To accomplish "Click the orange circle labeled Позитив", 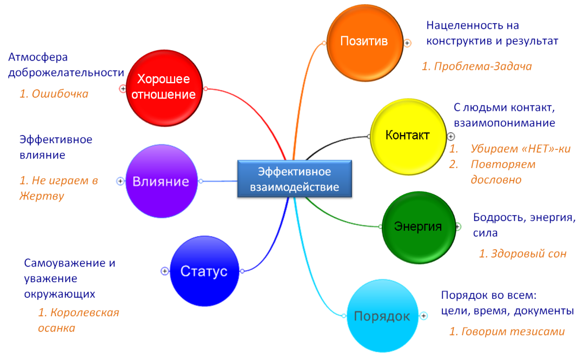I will [364, 41].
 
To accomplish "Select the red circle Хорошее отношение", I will [164, 88].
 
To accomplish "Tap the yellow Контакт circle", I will [407, 136].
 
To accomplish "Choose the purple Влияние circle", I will [161, 181].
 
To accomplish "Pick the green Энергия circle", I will [418, 226].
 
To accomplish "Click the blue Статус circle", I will [204, 271].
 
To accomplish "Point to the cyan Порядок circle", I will [382, 317].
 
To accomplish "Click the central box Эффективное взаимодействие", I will [295, 179].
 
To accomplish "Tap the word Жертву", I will [42, 196].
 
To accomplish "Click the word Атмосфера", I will [38, 57].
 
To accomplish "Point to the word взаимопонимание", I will [505, 123].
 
